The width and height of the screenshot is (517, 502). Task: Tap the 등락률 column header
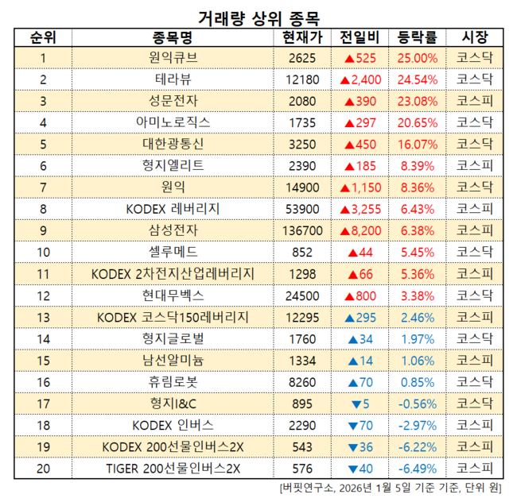point(416,38)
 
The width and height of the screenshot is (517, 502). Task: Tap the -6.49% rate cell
point(416,469)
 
